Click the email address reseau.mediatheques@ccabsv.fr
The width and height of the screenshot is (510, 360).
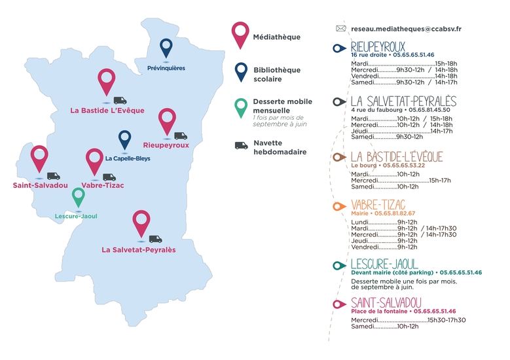click(x=406, y=29)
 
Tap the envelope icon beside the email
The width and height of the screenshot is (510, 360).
click(x=340, y=29)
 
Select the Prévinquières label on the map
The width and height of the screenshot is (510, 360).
click(x=166, y=67)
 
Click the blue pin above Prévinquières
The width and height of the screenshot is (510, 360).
click(x=166, y=46)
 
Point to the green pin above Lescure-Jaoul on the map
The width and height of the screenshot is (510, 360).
click(x=78, y=196)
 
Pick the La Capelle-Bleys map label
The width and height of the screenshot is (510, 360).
click(x=128, y=158)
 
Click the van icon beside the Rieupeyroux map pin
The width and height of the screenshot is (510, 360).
click(x=180, y=136)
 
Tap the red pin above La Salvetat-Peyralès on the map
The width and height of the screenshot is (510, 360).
click(x=141, y=221)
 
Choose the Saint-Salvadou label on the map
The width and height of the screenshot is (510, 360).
click(x=41, y=185)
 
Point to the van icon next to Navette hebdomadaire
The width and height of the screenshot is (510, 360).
click(x=241, y=145)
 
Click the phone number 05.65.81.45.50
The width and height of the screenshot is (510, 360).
click(x=435, y=110)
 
